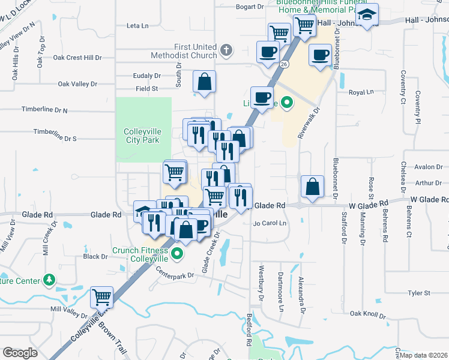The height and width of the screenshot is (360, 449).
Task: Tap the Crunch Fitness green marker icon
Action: pyautogui.click(x=176, y=255)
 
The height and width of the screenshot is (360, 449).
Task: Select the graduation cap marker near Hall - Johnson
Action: pyautogui.click(x=367, y=17)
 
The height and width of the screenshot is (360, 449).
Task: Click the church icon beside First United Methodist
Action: pyautogui.click(x=226, y=50)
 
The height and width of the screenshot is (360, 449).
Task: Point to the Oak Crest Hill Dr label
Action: pyautogui.click(x=77, y=58)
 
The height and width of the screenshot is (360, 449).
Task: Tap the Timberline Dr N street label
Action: pyautogui.click(x=44, y=110)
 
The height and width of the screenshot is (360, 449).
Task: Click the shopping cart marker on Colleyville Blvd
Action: pyautogui.click(x=101, y=297)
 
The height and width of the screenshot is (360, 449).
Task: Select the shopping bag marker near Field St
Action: pyautogui.click(x=205, y=82)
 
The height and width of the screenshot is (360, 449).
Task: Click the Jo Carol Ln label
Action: pyautogui.click(x=271, y=223)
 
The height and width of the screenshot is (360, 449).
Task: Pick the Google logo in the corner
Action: pyautogui.click(x=20, y=353)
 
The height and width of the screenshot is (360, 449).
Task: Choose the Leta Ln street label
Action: pyautogui.click(x=137, y=26)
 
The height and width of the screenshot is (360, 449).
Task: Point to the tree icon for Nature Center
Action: pyautogui.click(x=49, y=280)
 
